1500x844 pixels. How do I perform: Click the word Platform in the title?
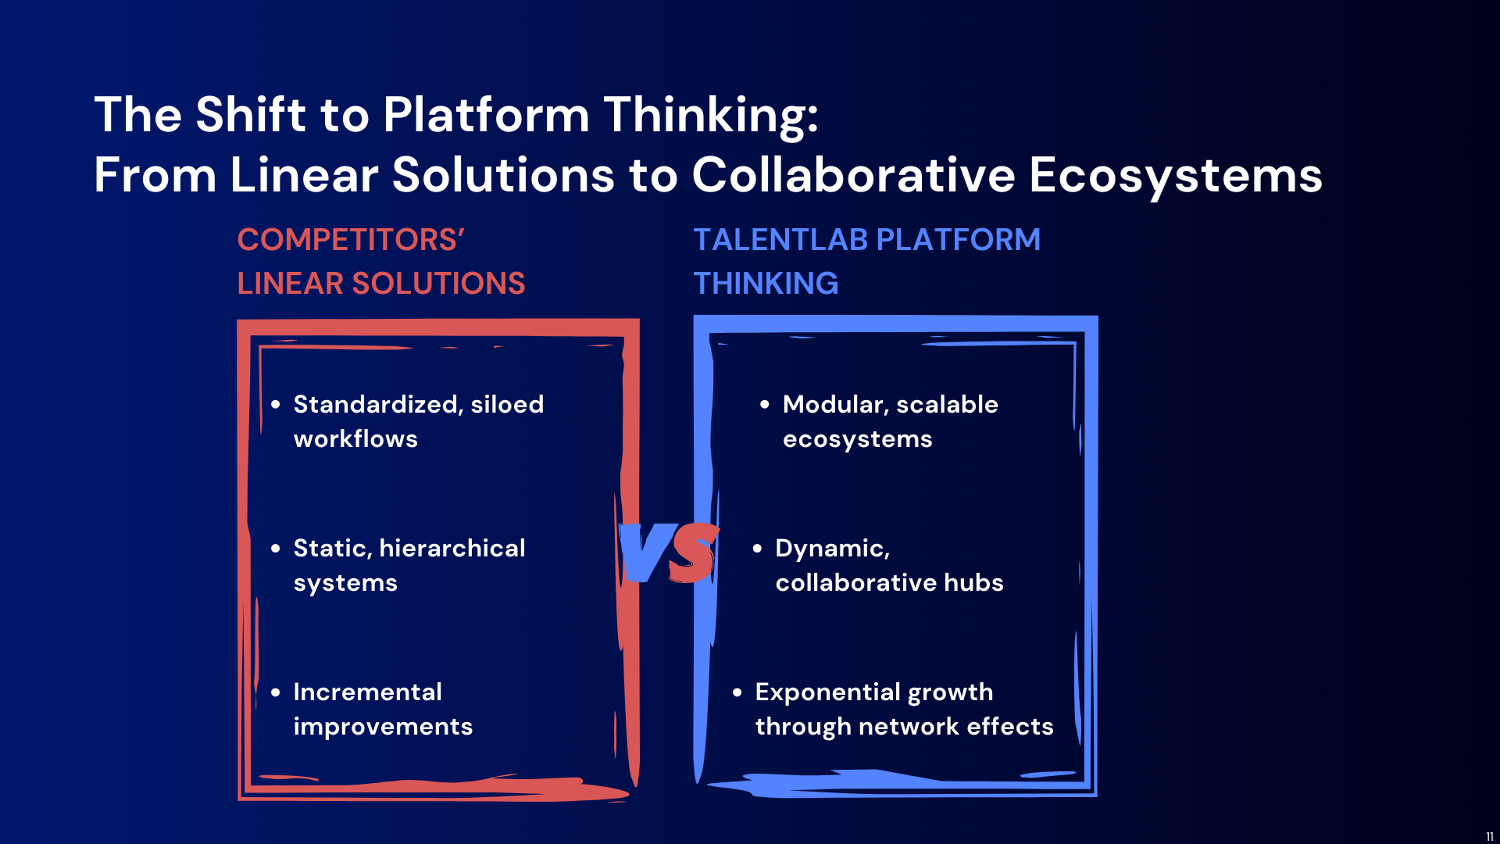pyautogui.click(x=486, y=114)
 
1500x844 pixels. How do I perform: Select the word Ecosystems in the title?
pyautogui.click(x=1176, y=175)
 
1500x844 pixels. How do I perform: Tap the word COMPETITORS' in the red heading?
pyautogui.click(x=351, y=239)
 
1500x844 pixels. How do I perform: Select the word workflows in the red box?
pyautogui.click(x=355, y=439)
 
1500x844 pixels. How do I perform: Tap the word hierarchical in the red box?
pyautogui.click(x=452, y=548)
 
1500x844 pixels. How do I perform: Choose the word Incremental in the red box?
pyautogui.click(x=367, y=692)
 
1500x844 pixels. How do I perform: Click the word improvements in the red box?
pyautogui.click(x=383, y=727)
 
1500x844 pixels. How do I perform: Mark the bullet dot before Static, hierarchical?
pyautogui.click(x=275, y=549)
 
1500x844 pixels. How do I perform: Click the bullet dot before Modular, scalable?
pyautogui.click(x=765, y=405)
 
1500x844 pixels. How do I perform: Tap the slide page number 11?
pyautogui.click(x=1490, y=836)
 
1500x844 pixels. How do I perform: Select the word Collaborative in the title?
pyautogui.click(x=854, y=174)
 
